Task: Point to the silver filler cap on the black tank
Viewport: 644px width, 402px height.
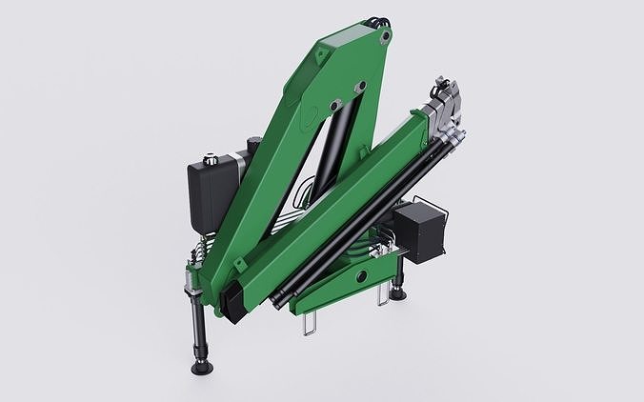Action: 206,153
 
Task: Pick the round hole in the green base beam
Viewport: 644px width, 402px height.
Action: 359,275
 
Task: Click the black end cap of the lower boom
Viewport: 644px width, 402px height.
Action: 233,302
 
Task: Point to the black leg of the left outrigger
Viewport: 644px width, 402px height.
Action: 196,324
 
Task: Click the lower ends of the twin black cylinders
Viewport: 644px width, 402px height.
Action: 283,299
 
